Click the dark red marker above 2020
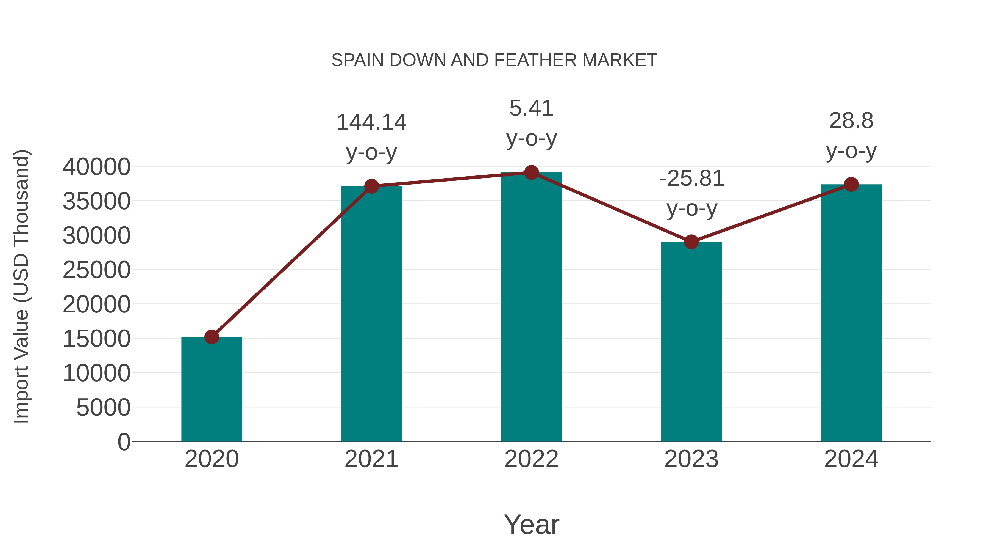pyautogui.click(x=212, y=337)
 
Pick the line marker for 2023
pyautogui.click(x=691, y=242)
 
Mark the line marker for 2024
pyautogui.click(x=851, y=185)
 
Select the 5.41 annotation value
pyautogui.click(x=531, y=108)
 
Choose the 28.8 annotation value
pyautogui.click(x=851, y=121)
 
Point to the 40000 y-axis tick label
pyautogui.click(x=96, y=167)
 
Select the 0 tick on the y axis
pyautogui.click(x=124, y=442)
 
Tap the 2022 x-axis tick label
pyautogui.click(x=531, y=459)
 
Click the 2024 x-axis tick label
pyautogui.click(x=851, y=459)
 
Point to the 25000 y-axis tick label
pyautogui.click(x=96, y=270)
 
